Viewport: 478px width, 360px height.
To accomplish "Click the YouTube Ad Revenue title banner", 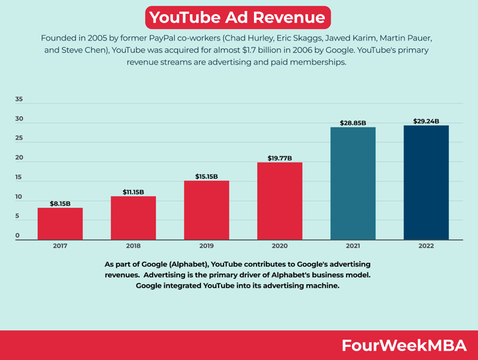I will point(238,17).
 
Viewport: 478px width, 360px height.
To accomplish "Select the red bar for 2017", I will point(60,223).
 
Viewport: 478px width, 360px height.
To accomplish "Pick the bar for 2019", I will point(206,210).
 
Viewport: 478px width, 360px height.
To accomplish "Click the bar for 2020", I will point(279,201).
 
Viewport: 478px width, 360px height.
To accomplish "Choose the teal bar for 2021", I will point(353,183).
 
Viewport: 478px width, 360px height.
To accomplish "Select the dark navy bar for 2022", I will point(426,182).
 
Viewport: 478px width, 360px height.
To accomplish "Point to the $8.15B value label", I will point(60,203).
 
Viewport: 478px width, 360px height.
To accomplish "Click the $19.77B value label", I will point(279,158).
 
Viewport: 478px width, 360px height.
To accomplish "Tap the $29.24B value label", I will point(426,121).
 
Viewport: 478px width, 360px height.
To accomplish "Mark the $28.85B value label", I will point(353,123).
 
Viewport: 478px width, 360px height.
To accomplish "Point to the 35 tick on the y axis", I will point(19,99).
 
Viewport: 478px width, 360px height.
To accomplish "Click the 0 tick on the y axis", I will point(17,236).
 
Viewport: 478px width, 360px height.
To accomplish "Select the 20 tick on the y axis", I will point(19,157).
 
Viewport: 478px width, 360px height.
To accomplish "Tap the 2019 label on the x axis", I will point(206,246).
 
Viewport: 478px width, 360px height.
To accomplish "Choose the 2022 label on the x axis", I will point(426,246).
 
